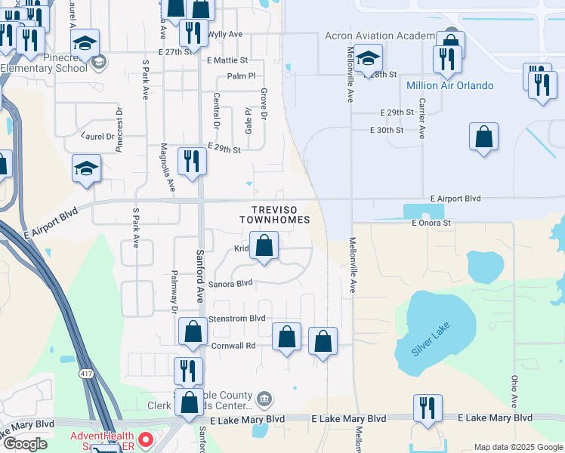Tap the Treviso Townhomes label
(x=275, y=214)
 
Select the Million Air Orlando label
(x=449, y=85)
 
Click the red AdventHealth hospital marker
(x=146, y=437)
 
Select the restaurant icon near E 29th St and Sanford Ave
(x=192, y=161)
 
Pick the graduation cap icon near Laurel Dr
(x=86, y=168)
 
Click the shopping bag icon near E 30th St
(x=483, y=137)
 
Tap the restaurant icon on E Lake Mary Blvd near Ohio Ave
(x=428, y=408)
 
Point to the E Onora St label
(x=431, y=223)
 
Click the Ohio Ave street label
(x=514, y=392)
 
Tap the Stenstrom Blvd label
(x=236, y=319)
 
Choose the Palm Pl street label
(x=242, y=76)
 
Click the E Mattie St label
(x=227, y=60)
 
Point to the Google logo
(x=25, y=444)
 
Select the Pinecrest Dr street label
(x=119, y=128)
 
